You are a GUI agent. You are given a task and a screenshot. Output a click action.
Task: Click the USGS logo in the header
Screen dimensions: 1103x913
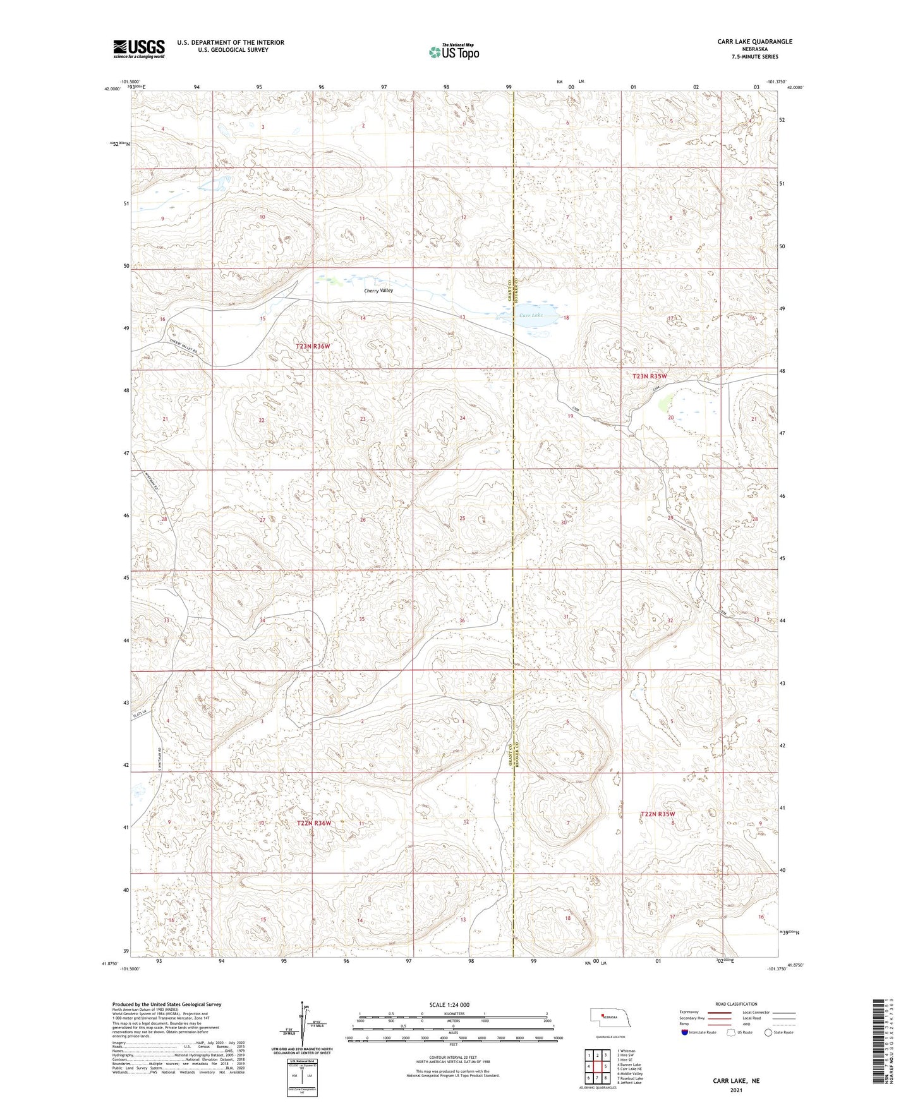pyautogui.click(x=138, y=48)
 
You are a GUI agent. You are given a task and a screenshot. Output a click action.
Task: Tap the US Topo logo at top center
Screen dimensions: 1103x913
pyautogui.click(x=453, y=52)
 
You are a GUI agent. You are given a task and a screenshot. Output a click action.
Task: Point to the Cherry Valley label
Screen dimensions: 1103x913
pyautogui.click(x=378, y=291)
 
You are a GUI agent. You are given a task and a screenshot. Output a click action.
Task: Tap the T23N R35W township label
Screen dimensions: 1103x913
pyautogui.click(x=650, y=376)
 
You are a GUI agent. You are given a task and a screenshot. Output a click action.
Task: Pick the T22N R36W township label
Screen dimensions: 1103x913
pyautogui.click(x=313, y=823)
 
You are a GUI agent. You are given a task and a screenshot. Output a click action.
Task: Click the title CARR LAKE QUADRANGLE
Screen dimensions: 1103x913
pyautogui.click(x=754, y=42)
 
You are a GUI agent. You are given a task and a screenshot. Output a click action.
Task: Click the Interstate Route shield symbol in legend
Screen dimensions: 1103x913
pyautogui.click(x=684, y=1032)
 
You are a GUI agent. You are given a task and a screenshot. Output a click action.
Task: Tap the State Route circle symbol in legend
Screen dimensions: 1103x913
pyautogui.click(x=768, y=1032)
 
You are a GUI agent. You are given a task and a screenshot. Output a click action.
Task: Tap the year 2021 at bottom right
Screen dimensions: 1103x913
pyautogui.click(x=736, y=1090)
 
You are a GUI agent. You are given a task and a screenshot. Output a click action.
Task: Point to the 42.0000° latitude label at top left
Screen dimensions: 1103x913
pyautogui.click(x=111, y=89)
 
